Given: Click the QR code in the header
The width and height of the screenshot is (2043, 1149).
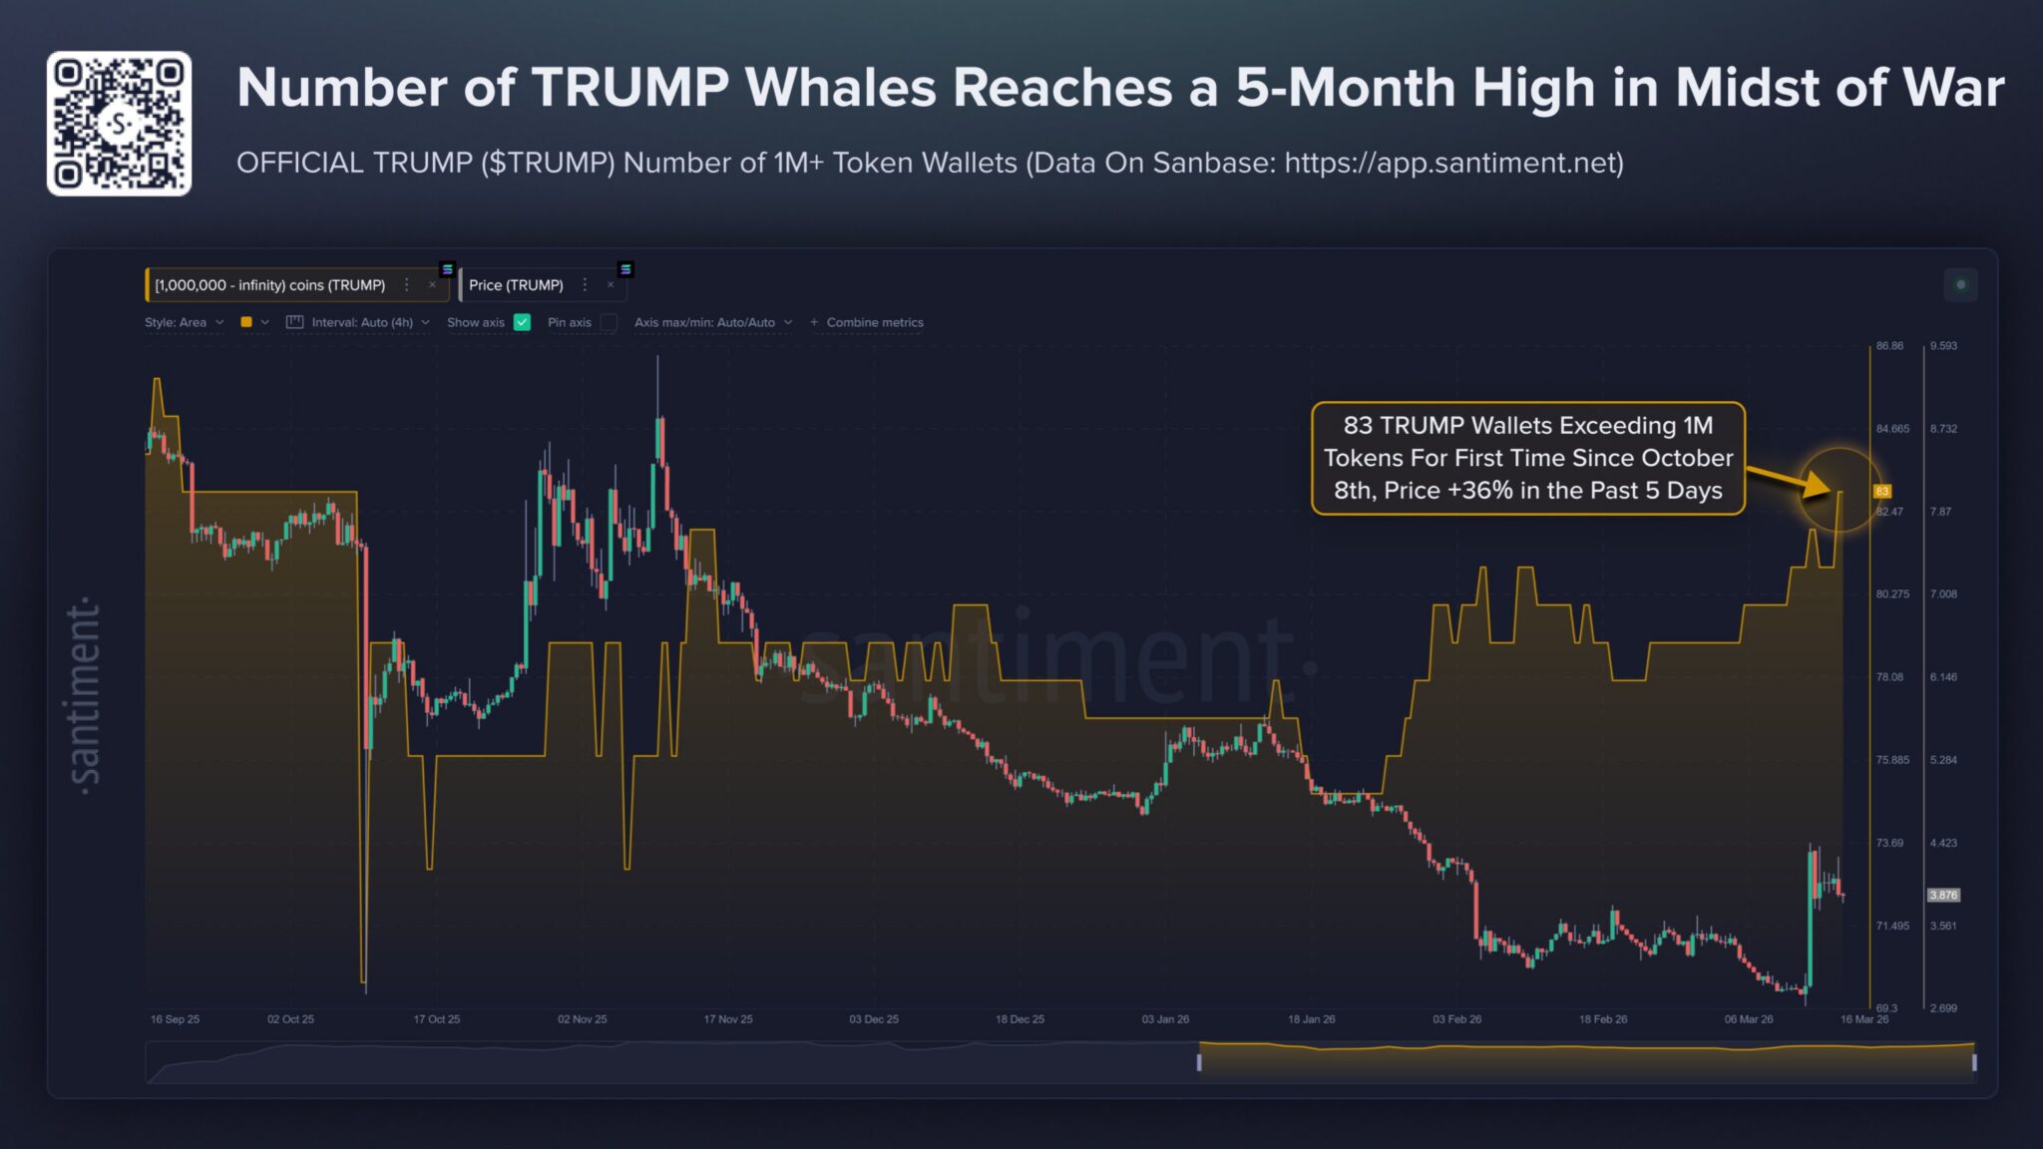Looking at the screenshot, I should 119,124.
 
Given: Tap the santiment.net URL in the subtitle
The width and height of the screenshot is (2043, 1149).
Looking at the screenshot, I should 1452,163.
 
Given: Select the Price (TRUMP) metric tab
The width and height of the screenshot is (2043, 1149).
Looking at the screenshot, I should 516,285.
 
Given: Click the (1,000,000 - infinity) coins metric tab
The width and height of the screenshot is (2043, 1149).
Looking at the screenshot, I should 270,285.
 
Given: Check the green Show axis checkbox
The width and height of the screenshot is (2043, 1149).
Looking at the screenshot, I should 522,322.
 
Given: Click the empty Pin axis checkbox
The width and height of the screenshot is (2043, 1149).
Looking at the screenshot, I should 609,322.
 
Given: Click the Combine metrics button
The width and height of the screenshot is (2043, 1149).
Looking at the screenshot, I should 867,322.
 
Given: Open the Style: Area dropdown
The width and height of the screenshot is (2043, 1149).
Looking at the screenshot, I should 184,322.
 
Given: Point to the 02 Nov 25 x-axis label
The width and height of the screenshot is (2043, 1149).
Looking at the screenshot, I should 582,1019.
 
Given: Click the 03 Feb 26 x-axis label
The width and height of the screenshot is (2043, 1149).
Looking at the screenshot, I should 1456,1019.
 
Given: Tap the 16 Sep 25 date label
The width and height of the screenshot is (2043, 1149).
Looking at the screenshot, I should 175,1019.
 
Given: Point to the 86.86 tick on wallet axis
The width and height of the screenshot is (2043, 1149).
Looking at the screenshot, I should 1889,346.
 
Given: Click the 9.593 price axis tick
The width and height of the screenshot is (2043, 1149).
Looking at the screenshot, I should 1943,346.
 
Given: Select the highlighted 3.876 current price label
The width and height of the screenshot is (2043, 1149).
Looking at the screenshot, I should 1943,895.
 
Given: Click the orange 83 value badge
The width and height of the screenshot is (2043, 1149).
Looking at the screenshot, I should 1882,491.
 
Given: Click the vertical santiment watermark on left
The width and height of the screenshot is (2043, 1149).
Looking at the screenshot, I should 85,696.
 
